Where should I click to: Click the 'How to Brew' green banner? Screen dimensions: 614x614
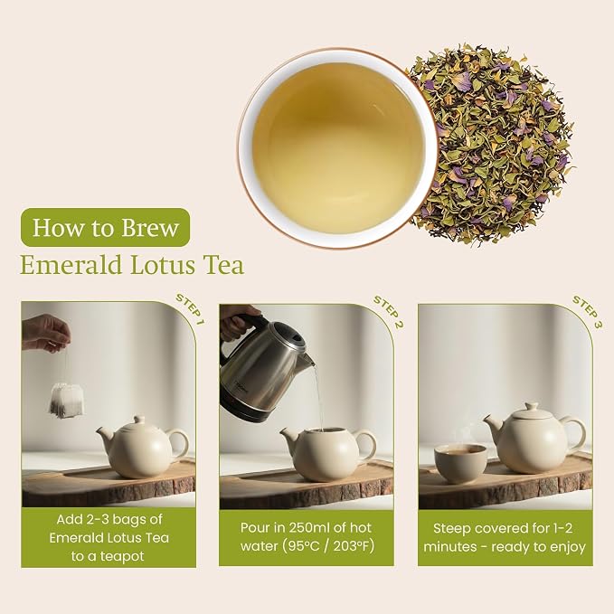click(x=105, y=227)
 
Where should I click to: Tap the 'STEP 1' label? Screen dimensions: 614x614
click(x=190, y=309)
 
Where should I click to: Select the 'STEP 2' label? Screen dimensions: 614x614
click(x=388, y=312)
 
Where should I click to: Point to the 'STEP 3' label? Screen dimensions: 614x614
click(x=588, y=312)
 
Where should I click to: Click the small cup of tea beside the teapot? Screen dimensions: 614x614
click(x=460, y=463)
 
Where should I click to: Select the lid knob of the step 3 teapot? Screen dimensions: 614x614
click(x=532, y=407)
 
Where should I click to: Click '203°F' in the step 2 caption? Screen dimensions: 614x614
click(x=354, y=546)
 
